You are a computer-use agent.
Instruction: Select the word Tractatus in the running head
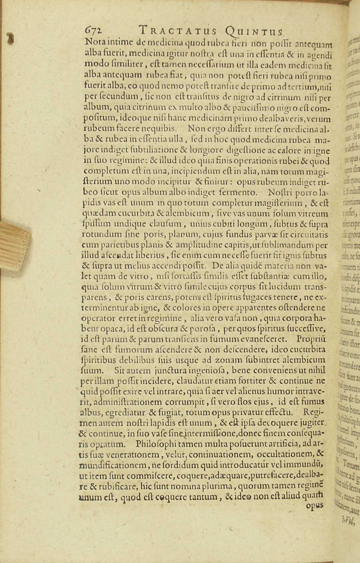[178, 31]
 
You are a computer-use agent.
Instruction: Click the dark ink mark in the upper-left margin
[12, 38]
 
